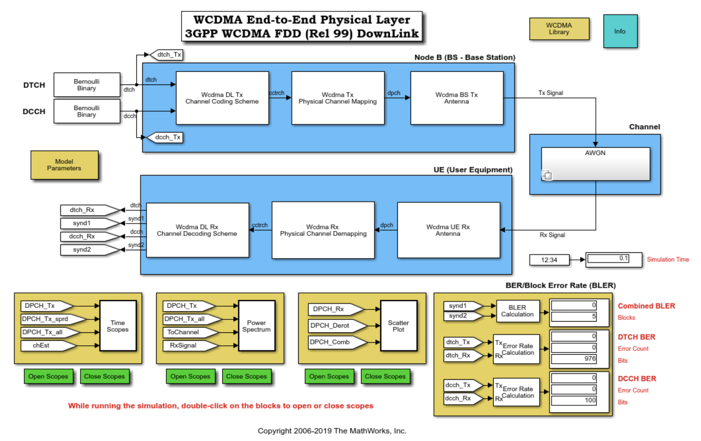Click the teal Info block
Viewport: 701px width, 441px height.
click(x=620, y=31)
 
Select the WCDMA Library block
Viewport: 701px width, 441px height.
click(x=559, y=29)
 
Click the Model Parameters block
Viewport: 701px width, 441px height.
click(x=64, y=165)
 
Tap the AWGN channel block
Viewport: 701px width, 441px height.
click(x=595, y=164)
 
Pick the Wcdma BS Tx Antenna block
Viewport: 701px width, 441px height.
click(x=457, y=98)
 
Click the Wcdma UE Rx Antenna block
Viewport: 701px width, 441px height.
click(x=449, y=230)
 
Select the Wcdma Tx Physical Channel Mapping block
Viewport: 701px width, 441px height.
click(x=338, y=98)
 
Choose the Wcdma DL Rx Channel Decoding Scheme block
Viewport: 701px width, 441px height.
click(x=197, y=230)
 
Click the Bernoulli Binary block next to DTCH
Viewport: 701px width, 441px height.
click(x=87, y=85)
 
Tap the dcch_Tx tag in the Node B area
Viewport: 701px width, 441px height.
click(x=165, y=137)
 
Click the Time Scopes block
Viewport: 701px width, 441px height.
click(x=118, y=326)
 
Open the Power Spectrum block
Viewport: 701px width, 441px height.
click(x=257, y=326)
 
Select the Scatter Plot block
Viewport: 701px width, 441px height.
click(x=399, y=326)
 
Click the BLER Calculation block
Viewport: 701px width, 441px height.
click(x=518, y=311)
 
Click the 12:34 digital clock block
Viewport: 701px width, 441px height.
click(x=549, y=260)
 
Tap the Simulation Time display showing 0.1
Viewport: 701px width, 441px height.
click(x=614, y=260)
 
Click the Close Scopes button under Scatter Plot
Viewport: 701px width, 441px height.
click(x=385, y=376)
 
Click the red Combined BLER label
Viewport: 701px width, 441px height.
click(x=647, y=306)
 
